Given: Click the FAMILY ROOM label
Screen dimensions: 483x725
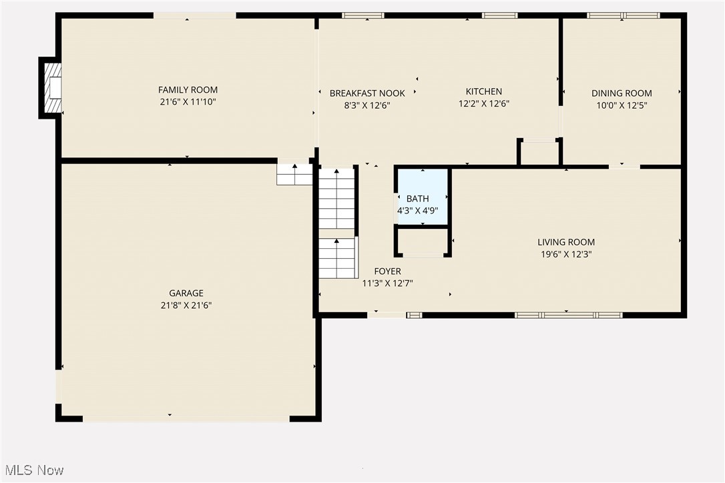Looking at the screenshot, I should click(188, 90).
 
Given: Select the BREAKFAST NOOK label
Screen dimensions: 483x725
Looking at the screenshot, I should click(367, 93).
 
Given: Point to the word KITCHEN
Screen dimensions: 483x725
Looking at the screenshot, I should click(483, 91).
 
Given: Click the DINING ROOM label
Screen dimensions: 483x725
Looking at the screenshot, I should click(622, 93).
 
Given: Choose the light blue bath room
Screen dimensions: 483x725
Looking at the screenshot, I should click(422, 197).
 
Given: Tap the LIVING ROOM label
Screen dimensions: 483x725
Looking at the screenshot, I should click(566, 242).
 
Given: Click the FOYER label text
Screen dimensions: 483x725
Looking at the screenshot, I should click(387, 272).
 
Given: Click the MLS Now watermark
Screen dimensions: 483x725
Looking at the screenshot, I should click(33, 470).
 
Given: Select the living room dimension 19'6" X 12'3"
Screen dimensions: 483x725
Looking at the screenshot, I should click(566, 254).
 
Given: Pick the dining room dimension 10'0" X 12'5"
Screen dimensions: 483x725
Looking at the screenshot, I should click(622, 105).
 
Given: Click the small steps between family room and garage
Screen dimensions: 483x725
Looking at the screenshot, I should click(294, 175).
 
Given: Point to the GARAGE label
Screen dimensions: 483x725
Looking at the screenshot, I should click(186, 294).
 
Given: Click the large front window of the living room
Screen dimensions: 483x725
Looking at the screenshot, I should click(568, 315).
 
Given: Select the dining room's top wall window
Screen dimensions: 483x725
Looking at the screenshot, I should click(623, 15).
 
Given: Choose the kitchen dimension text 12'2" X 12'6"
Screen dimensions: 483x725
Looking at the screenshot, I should click(483, 104).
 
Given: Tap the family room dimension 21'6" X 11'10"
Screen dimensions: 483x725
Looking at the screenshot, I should click(188, 102).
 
